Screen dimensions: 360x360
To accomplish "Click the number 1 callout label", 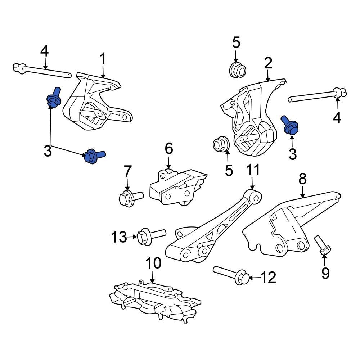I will (103, 58).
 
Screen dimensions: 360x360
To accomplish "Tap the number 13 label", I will (119, 237).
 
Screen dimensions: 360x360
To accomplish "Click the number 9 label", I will (325, 274).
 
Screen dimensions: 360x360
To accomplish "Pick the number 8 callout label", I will (302, 179).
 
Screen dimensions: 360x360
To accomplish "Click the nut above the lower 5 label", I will (221, 144).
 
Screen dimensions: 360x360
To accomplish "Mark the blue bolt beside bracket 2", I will (289, 125).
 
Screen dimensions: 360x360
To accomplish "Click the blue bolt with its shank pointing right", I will (93, 156).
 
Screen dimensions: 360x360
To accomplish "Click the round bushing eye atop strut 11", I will (255, 196).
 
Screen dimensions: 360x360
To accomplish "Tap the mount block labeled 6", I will (176, 186).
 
